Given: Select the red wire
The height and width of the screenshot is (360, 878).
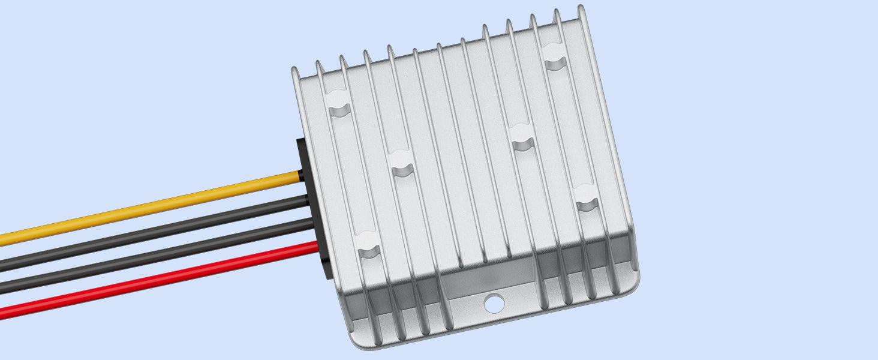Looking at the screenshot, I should pyautogui.click(x=150, y=281).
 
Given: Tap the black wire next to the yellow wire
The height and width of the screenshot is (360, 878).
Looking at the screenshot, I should pyautogui.click(x=150, y=232).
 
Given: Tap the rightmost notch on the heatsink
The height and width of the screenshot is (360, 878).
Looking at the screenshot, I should pyautogui.click(x=587, y=204).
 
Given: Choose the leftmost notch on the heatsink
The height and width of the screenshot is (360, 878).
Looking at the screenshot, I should pyautogui.click(x=339, y=109).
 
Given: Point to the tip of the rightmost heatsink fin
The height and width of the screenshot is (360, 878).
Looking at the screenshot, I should pyautogui.click(x=581, y=8).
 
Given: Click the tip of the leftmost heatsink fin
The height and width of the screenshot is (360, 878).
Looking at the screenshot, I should pyautogui.click(x=295, y=71).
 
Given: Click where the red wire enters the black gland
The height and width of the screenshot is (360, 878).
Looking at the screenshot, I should pyautogui.click(x=316, y=246).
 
